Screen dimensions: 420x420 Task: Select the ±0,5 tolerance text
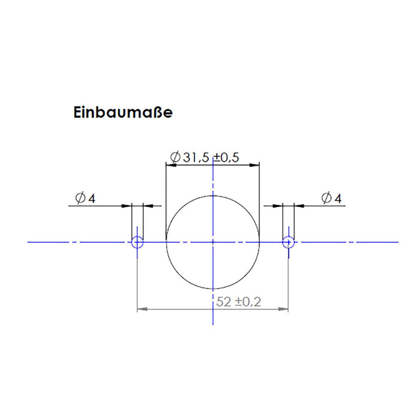point(226,158)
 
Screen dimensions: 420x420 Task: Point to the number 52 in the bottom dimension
point(223,302)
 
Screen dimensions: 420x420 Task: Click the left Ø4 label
point(85,198)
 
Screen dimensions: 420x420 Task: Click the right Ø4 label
point(331,198)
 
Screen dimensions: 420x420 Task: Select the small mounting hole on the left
point(137,242)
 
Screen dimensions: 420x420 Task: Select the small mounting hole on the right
point(289,242)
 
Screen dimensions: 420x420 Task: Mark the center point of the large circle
point(213,242)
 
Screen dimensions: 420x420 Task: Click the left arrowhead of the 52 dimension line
point(142,310)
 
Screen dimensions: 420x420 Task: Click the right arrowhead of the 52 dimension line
point(284,310)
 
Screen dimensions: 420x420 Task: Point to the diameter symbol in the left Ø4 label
point(80,198)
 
